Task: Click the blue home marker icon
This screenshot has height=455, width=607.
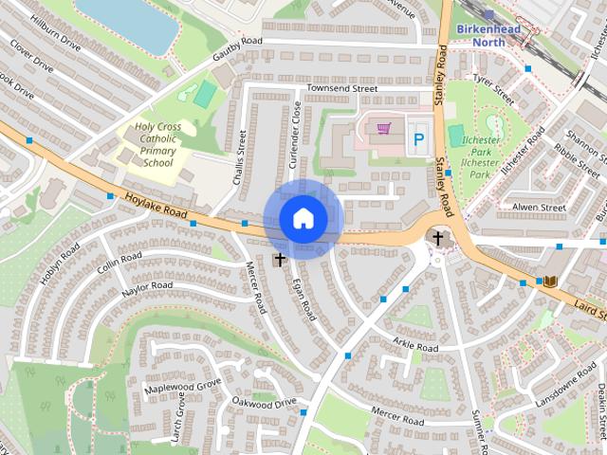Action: (303, 219)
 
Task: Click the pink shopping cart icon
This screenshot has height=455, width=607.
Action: (383, 128)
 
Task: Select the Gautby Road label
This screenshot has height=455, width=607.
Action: (236, 47)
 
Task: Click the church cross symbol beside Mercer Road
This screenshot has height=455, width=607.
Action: (280, 258)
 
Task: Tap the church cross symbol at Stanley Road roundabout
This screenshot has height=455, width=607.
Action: (438, 237)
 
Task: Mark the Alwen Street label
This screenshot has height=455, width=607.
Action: (538, 206)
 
